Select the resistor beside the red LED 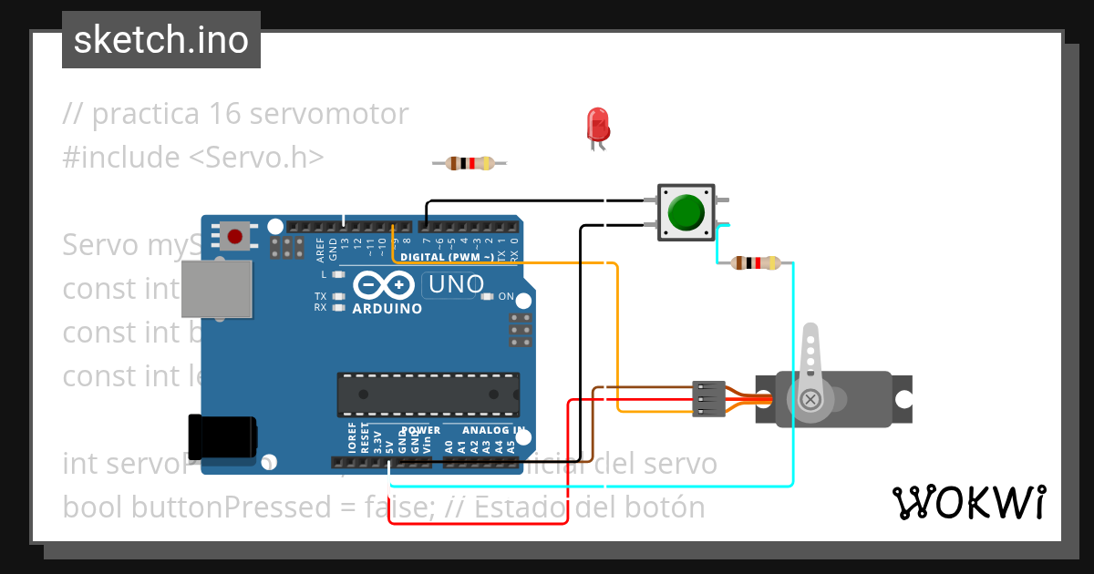pos(469,163)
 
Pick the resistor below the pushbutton pos(756,263)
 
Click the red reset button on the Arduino pos(235,237)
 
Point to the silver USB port pos(217,289)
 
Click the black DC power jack pos(221,436)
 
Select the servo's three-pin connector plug pos(708,399)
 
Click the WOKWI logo pos(967,502)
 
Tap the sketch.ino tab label pos(161,40)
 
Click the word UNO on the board pos(456,285)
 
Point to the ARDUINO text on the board pos(387,309)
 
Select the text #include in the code pos(121,157)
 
